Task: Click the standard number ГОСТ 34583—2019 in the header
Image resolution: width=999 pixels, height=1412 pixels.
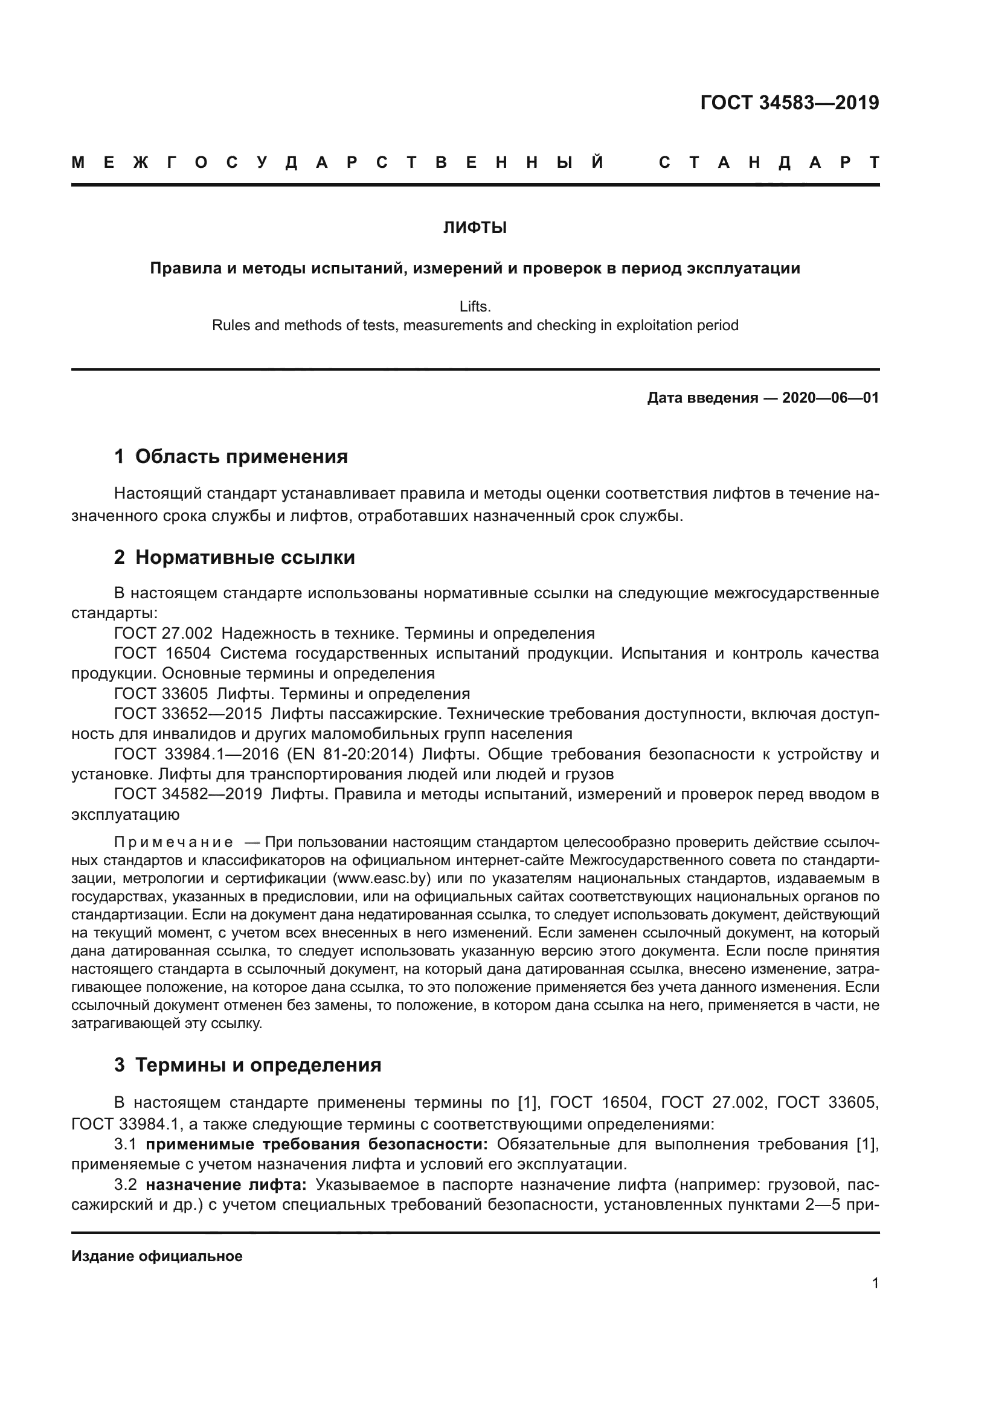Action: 789,103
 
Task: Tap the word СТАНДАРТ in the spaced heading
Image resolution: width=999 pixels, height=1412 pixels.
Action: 768,163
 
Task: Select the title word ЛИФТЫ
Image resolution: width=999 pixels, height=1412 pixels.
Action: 475,228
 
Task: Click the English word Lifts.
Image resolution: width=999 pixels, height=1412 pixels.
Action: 475,306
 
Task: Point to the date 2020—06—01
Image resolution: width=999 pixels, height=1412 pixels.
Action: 830,398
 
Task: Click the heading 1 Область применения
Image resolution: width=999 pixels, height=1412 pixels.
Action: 231,456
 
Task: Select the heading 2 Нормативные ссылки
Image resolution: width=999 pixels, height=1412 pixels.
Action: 234,557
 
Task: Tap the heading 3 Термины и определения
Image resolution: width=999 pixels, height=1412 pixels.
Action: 247,1065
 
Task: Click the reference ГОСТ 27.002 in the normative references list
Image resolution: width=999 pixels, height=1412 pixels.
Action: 164,633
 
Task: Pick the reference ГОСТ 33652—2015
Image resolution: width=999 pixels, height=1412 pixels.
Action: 188,714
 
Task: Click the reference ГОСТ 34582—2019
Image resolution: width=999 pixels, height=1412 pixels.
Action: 188,794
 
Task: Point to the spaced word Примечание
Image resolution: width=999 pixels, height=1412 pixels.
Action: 173,842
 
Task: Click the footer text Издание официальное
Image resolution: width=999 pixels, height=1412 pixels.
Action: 157,1256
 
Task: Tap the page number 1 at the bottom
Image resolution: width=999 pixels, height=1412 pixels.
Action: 875,1283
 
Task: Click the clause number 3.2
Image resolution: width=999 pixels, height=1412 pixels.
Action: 126,1184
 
